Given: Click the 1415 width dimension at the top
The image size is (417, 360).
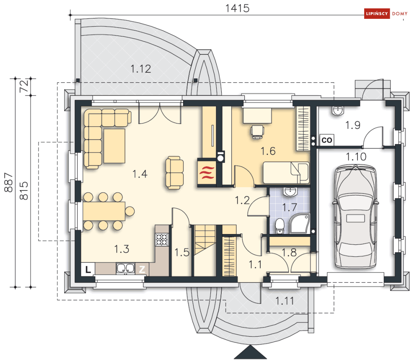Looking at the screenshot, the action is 237,8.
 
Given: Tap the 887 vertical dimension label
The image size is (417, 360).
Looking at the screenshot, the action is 8,182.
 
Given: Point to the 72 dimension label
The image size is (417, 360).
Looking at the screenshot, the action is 24,86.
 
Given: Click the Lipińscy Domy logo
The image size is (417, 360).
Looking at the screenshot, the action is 386,13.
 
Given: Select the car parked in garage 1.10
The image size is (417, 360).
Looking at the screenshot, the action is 355,216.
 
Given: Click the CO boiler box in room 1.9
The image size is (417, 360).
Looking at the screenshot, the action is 326,140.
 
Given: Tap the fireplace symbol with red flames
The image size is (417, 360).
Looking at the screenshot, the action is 207,172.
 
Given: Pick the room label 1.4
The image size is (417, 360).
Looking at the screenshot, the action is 140,174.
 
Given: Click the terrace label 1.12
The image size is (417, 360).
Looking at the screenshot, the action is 141,69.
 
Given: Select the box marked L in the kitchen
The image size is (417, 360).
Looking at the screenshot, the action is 88,270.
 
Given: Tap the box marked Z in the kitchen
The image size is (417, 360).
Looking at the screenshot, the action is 142,270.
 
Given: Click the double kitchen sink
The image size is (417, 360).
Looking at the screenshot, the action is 126,268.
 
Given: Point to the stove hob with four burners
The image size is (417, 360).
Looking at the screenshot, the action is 162,239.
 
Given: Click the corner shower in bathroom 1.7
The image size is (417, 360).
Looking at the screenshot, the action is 300,224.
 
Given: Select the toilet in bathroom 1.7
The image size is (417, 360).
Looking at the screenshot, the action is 280,226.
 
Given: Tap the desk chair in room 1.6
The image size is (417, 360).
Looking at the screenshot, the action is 257,132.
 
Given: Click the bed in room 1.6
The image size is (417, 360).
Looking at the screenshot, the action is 286,173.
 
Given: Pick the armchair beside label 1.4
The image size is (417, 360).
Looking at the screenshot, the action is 174,173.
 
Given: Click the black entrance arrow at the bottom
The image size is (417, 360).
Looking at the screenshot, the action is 250,352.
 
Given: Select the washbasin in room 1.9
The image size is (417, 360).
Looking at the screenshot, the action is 338,111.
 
